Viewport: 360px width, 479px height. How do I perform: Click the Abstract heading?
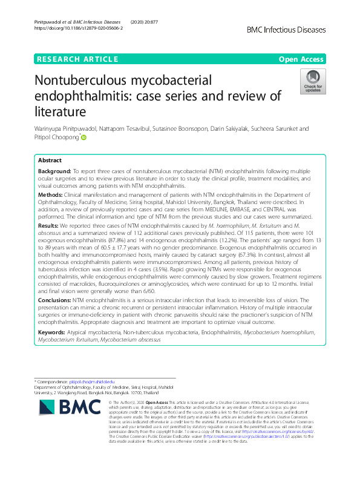click(x=50, y=160)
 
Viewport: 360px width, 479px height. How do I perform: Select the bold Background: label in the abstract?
click(x=54, y=172)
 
